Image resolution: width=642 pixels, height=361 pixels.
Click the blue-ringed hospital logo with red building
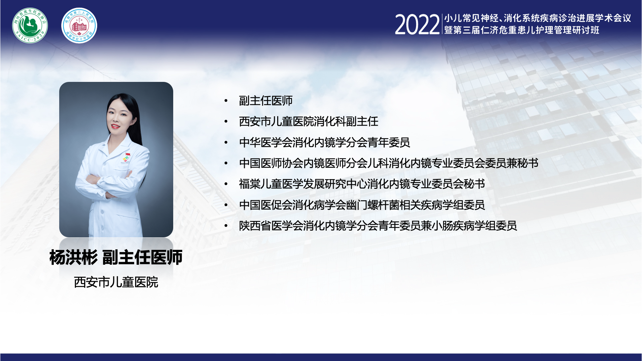[x=79, y=26]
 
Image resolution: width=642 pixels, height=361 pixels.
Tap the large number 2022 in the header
[x=417, y=25]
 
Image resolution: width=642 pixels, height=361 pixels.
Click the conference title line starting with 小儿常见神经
[x=537, y=18]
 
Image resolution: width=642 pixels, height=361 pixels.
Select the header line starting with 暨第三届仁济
[x=522, y=30]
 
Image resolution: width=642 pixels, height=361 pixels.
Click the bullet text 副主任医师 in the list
[x=266, y=101]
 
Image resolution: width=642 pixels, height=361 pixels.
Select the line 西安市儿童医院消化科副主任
[x=309, y=121]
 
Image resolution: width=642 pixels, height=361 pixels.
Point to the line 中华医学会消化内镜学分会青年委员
[x=324, y=142]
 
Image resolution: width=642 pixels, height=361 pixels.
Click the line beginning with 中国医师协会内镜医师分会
[x=389, y=163]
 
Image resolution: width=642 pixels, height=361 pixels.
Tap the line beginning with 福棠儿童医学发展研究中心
[x=362, y=184]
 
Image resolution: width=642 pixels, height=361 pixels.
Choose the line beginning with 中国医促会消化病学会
[x=362, y=205]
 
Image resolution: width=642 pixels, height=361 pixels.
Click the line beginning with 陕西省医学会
[x=378, y=226]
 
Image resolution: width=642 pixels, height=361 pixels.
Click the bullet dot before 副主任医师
[x=226, y=101]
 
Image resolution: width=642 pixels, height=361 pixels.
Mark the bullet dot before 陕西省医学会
[x=226, y=226]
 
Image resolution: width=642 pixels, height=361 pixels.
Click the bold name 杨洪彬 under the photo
[x=74, y=257]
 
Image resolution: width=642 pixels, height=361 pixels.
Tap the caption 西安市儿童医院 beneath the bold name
[x=116, y=282]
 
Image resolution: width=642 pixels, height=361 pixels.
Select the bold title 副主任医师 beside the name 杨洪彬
[x=142, y=257]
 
